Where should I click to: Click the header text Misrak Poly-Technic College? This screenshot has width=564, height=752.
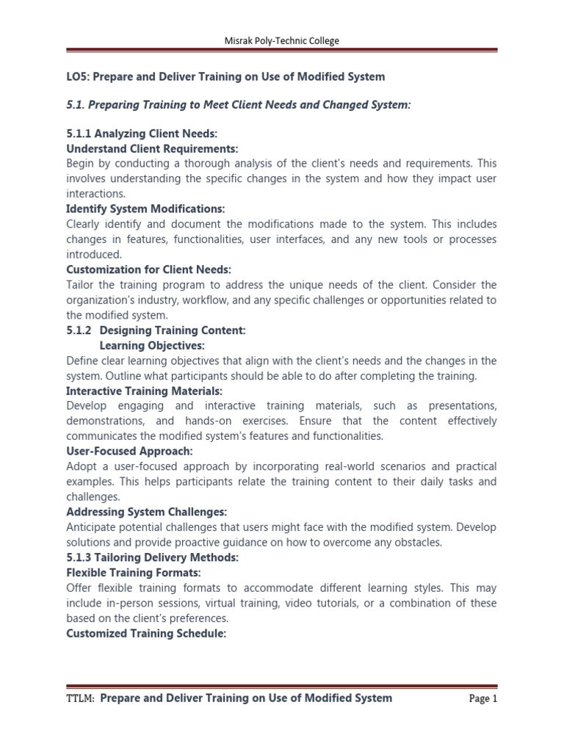[x=282, y=41]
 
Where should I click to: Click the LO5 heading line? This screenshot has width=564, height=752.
[x=225, y=76]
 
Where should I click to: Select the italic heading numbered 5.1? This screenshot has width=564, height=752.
[x=239, y=105]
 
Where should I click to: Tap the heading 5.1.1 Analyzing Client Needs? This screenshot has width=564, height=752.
[x=142, y=133]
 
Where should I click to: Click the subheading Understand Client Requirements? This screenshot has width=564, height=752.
[x=152, y=148]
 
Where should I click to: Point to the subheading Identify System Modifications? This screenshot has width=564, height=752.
[x=145, y=209]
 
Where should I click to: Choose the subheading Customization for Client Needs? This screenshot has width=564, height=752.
[x=148, y=270]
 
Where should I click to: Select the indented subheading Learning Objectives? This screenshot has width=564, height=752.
[x=152, y=345]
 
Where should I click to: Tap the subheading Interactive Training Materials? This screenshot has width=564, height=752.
[x=144, y=391]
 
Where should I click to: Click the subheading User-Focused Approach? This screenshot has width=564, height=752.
[x=129, y=451]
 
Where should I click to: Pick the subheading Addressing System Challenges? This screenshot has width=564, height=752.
[x=146, y=511]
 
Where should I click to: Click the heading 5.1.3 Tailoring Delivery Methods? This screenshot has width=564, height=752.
[x=152, y=557]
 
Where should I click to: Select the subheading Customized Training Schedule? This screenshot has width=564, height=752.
[x=145, y=633]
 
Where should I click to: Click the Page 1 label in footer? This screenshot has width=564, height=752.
[x=483, y=699]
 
